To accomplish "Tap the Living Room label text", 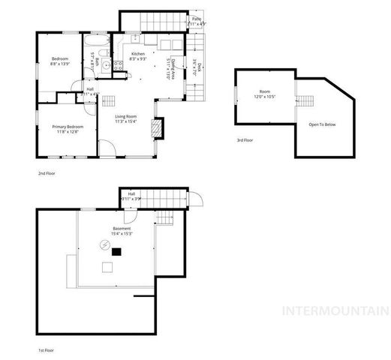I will tap(125, 118).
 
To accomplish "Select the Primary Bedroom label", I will tap(68, 129).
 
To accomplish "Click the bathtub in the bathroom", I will tap(97, 41).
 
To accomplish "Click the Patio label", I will tap(196, 20).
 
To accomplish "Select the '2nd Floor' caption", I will tap(47, 173).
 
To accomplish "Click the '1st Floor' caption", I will tap(46, 349).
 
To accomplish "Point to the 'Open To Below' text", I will tap(322, 124).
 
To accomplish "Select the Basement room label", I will tap(122, 230).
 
